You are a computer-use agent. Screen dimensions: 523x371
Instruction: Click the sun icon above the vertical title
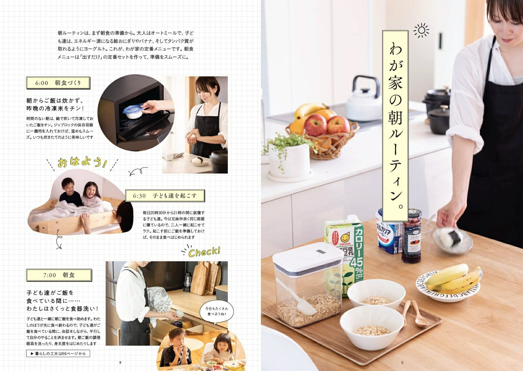tap(421, 30)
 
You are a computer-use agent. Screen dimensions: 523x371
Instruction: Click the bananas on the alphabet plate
tap(453, 279)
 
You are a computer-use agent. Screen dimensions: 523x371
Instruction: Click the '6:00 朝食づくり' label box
tap(58, 83)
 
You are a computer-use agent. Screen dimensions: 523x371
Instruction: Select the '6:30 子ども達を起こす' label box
tap(165, 196)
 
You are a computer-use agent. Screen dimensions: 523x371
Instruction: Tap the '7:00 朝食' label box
tap(59, 275)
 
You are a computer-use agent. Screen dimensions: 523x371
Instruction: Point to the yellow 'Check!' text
tap(204, 252)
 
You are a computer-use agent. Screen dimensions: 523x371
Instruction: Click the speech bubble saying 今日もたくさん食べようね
tap(216, 313)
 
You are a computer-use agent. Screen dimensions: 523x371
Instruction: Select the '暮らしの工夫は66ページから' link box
tap(58, 353)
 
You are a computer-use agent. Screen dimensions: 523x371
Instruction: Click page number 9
tap(120, 363)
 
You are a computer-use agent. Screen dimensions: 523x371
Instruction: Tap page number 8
tap(402, 363)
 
